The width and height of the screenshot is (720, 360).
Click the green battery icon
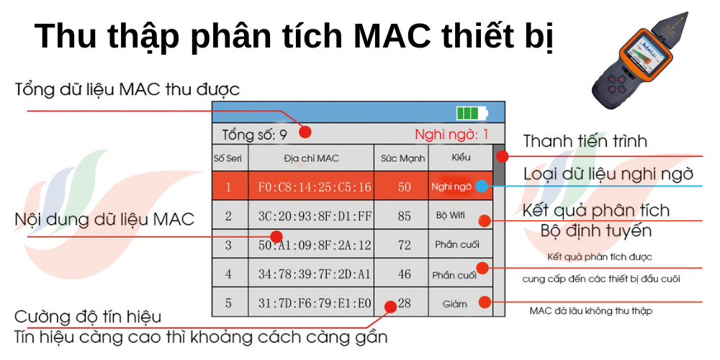(x=472, y=113)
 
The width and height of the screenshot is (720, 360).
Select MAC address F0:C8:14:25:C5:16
(x=315, y=187)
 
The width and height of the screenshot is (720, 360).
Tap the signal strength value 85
(x=404, y=216)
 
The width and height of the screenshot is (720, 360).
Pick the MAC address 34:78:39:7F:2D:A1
(x=315, y=274)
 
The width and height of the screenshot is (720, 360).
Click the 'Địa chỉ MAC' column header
(x=311, y=158)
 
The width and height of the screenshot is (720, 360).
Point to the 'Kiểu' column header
(x=461, y=158)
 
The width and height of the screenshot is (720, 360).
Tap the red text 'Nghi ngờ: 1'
(x=451, y=135)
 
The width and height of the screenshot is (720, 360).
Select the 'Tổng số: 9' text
(x=254, y=135)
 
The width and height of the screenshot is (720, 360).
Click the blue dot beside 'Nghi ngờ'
(x=481, y=186)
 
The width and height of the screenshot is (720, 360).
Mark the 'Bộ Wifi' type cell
(x=451, y=215)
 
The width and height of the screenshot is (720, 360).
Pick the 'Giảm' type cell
(x=454, y=304)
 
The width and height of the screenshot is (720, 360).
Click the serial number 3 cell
(x=229, y=246)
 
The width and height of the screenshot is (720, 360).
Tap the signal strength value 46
(x=404, y=274)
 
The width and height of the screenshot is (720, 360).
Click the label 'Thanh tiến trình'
(x=585, y=141)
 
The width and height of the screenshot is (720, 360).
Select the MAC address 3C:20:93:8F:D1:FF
(x=315, y=216)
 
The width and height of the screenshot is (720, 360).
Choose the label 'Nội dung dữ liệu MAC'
(x=104, y=219)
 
